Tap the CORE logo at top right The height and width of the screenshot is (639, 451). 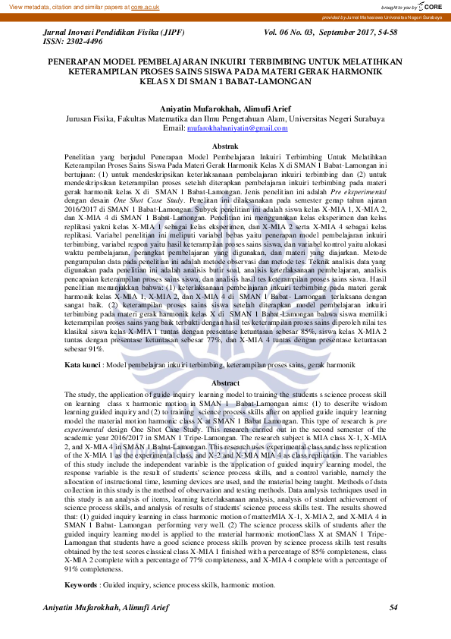(x=430, y=6)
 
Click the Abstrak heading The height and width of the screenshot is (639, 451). (x=225, y=146)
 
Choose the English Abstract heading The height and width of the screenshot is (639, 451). (x=225, y=383)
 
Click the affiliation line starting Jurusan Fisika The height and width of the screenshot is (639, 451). (x=225, y=119)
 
